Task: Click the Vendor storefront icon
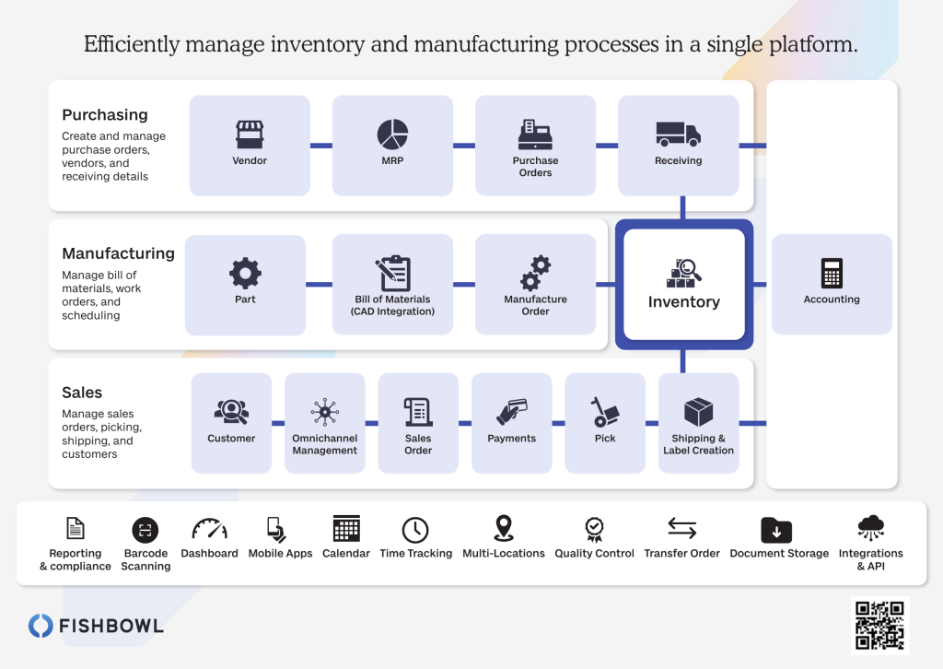pyautogui.click(x=250, y=135)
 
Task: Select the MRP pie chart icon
pyautogui.click(x=392, y=134)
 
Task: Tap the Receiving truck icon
pyautogui.click(x=678, y=134)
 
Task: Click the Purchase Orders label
pyautogui.click(x=535, y=167)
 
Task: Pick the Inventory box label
pyautogui.click(x=684, y=301)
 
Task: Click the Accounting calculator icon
pyautogui.click(x=832, y=273)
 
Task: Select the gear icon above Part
pyautogui.click(x=245, y=273)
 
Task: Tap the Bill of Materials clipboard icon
pyautogui.click(x=392, y=273)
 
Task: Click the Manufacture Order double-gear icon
pyautogui.click(x=535, y=273)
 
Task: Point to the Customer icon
pyautogui.click(x=231, y=412)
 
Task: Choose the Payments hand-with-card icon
pyautogui.click(x=512, y=412)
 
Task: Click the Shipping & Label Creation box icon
pyautogui.click(x=698, y=412)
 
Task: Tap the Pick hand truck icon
pyautogui.click(x=604, y=412)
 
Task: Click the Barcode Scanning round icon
pyautogui.click(x=145, y=530)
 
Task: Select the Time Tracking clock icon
pyautogui.click(x=415, y=530)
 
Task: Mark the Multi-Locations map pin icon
pyautogui.click(x=504, y=528)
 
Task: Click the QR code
pyautogui.click(x=879, y=626)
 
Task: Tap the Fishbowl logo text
pyautogui.click(x=111, y=626)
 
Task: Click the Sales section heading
pyautogui.click(x=82, y=393)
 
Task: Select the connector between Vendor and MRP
pyautogui.click(x=321, y=146)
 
